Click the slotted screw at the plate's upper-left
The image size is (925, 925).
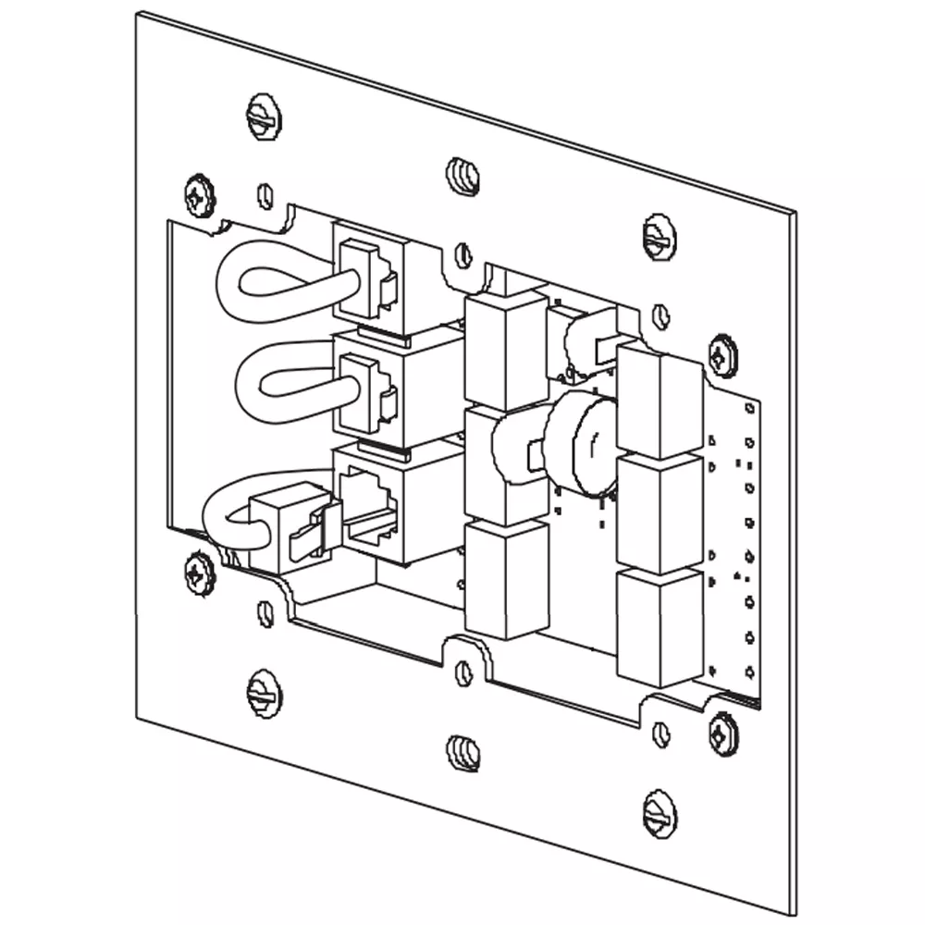pos(265,117)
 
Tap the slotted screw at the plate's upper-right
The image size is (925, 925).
pos(659,237)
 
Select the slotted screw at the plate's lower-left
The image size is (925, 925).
pos(265,693)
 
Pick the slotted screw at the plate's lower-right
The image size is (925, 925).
pos(659,814)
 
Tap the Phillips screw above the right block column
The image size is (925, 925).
pos(722,356)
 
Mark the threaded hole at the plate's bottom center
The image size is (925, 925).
pos(462,752)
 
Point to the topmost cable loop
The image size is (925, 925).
pos(268,282)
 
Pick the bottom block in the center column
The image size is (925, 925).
pos(505,578)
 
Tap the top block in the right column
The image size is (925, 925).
pos(660,402)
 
